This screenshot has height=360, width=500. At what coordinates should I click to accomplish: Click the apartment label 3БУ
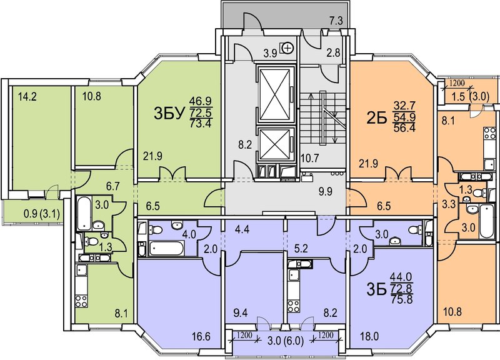[169, 113]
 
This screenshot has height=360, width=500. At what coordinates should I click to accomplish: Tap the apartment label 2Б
[377, 117]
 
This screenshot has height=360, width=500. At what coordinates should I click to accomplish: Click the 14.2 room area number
[27, 96]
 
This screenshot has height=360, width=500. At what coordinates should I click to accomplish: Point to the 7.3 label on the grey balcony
[336, 21]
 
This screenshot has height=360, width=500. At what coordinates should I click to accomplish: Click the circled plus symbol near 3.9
[288, 48]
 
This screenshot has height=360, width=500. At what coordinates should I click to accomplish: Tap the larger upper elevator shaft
[276, 94]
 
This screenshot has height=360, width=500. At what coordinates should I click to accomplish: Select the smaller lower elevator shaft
[276, 144]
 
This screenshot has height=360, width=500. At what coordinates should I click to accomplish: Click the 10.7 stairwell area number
[310, 158]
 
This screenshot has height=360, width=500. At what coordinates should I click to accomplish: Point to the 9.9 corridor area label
[326, 192]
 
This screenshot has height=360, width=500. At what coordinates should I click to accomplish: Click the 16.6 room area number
[201, 336]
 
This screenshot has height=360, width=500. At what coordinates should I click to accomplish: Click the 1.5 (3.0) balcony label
[471, 97]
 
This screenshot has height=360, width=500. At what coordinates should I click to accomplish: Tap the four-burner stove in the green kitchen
[81, 301]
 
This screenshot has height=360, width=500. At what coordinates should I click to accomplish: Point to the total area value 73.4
[201, 122]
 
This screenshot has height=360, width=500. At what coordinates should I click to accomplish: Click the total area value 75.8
[401, 299]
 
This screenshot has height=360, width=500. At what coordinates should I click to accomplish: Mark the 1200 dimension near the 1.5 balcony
[457, 84]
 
